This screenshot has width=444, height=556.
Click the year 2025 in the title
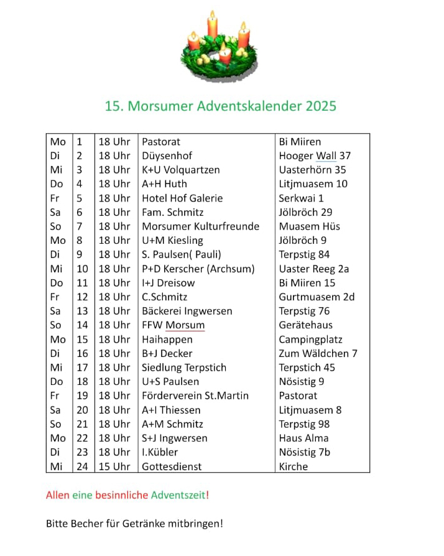(x=320, y=106)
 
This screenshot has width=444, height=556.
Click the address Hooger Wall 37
(x=315, y=156)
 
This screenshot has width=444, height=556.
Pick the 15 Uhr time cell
(x=114, y=466)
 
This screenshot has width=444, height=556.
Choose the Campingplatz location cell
(x=310, y=340)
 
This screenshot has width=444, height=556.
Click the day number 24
(x=82, y=466)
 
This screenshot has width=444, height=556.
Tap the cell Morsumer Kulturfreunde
(x=200, y=226)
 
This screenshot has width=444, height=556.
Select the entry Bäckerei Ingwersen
(x=187, y=311)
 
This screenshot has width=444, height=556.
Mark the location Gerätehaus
(x=305, y=325)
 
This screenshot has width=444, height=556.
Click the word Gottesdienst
(x=172, y=466)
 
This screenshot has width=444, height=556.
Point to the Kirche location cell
(x=293, y=466)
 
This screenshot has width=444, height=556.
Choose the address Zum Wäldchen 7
(x=318, y=353)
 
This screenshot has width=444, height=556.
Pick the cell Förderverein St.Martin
(x=195, y=396)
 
